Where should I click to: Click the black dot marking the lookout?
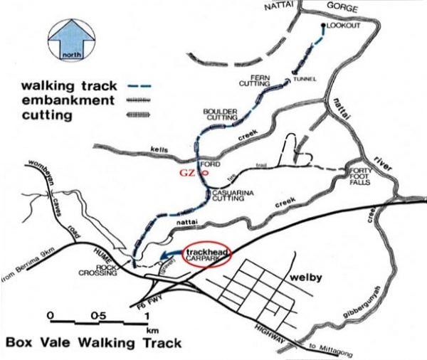pyautogui.click(x=324, y=26)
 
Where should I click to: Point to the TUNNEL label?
pyautogui.click(x=303, y=78)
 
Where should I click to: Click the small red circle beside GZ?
pyautogui.click(x=205, y=172)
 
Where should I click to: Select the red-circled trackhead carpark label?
pyautogui.click(x=208, y=254)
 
